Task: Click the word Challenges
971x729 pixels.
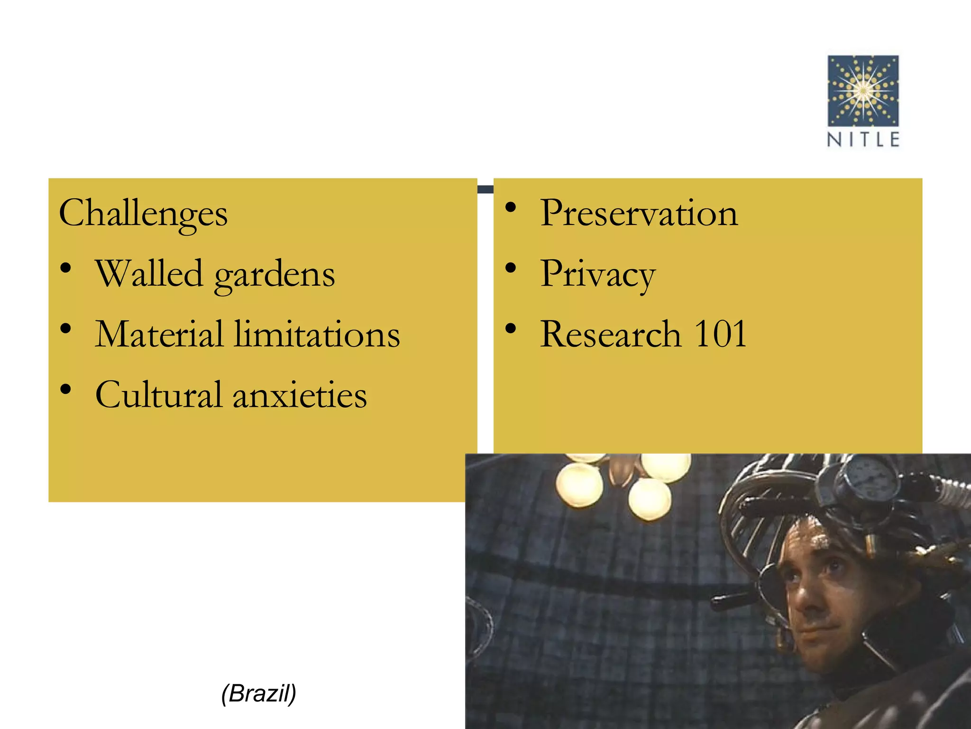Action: (143, 214)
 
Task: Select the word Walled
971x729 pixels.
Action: (149, 274)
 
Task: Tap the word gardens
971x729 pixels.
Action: (275, 275)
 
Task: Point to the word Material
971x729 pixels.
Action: (159, 334)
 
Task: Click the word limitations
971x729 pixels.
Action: (317, 334)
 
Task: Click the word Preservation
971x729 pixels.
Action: (639, 213)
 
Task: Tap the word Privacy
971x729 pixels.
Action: (598, 274)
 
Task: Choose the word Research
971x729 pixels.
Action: (611, 334)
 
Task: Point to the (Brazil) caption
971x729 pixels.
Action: (259, 693)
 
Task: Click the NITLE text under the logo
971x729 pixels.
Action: (863, 140)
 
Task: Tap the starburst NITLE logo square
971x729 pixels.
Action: (863, 91)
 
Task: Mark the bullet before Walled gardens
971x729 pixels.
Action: (66, 268)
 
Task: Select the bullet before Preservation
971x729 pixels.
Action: (511, 207)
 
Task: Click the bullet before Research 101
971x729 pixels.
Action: (511, 328)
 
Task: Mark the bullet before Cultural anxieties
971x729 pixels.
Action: (66, 389)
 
